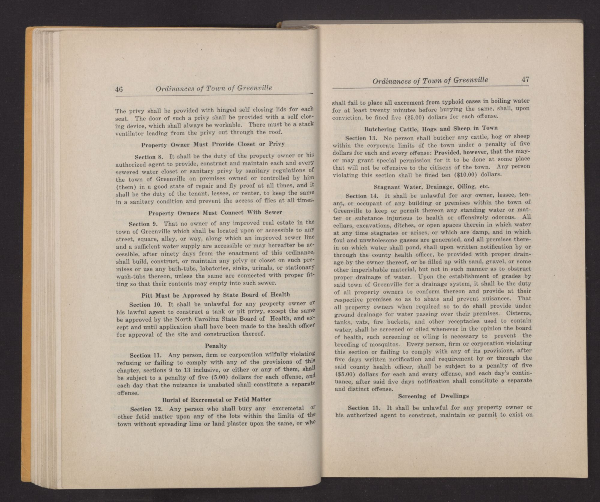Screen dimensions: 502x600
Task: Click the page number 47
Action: click(525, 80)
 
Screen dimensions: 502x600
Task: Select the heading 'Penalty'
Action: click(216, 346)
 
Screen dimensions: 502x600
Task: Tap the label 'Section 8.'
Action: click(149, 157)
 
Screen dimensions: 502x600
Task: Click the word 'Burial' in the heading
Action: click(171, 400)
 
